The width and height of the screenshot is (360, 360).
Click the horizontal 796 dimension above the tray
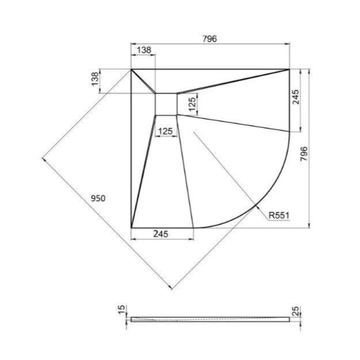pos(209,39)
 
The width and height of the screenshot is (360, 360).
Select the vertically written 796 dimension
pos(304,153)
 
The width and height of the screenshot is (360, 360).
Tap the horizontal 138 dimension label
pos(144,50)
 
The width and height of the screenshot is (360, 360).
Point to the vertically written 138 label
pos(95,79)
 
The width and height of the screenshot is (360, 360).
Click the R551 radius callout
pos(279,216)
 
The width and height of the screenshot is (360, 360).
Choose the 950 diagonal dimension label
pos(98,198)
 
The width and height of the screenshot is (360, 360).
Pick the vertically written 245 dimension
pos(296,97)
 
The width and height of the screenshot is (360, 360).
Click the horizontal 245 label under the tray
pos(161,234)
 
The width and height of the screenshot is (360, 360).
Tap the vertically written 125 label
pos(193,104)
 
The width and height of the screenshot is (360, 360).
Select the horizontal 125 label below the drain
pos(165,131)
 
